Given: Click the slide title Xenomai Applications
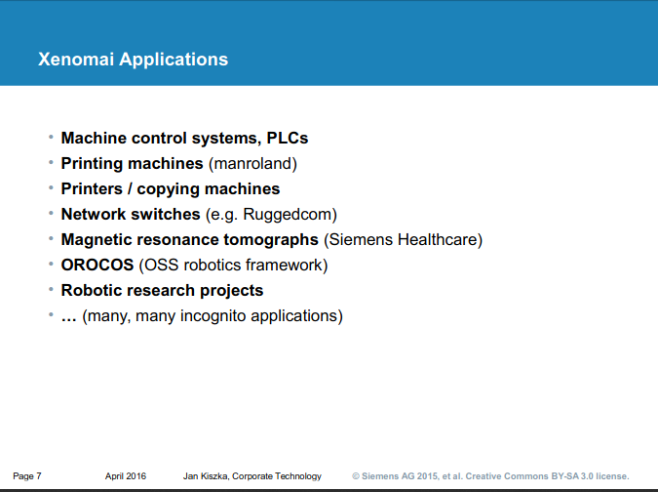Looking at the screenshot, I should (133, 60).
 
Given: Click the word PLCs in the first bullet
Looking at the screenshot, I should (288, 139).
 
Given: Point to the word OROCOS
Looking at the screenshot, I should (97, 265).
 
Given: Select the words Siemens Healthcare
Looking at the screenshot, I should (404, 239).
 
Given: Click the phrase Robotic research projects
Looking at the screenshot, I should (162, 290).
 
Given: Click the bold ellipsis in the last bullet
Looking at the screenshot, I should (69, 315).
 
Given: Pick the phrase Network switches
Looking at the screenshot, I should (130, 214).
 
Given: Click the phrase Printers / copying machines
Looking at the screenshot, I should (170, 188).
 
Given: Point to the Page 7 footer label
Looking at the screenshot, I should (27, 476).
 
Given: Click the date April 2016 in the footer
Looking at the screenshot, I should (126, 476).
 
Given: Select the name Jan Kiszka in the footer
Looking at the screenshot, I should (207, 476).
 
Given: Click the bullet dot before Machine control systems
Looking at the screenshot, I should (51, 139).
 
